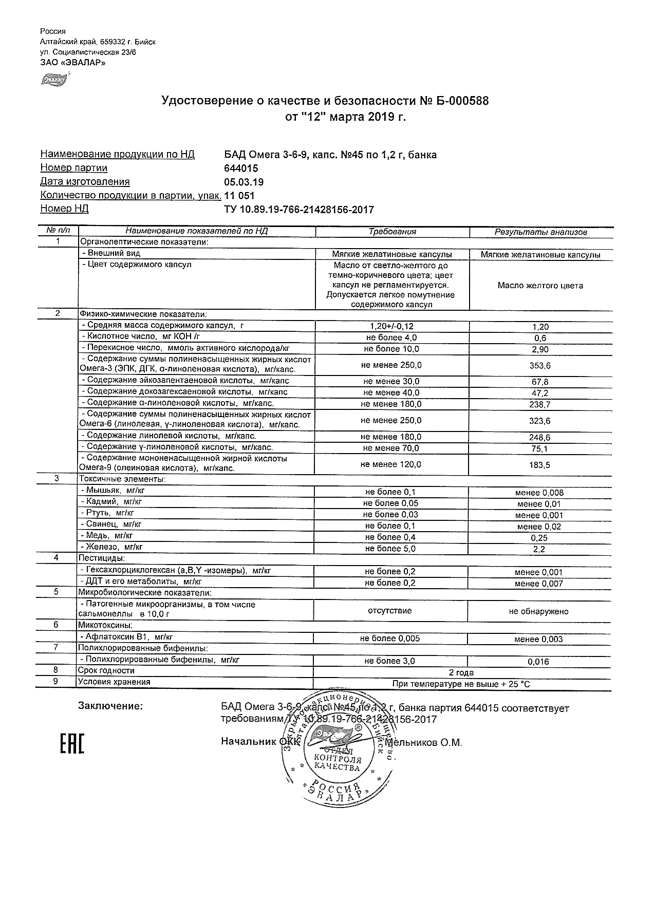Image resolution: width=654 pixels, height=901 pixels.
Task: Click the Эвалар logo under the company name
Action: [54, 80]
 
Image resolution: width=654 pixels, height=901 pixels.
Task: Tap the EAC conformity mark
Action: [72, 743]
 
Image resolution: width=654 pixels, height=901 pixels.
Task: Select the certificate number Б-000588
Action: [462, 101]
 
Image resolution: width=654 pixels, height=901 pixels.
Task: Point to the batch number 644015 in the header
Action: [241, 168]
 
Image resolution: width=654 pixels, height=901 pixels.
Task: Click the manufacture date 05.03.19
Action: [244, 182]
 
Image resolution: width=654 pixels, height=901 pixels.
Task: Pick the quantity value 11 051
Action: [239, 196]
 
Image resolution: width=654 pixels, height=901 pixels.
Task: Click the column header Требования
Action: [392, 232]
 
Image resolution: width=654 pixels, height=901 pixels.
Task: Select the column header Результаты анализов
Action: [540, 232]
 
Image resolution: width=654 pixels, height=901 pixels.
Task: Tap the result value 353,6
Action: [540, 366]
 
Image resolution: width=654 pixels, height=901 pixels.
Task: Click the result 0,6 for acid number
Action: [540, 339]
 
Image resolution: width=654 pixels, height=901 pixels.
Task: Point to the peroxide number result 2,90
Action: [540, 350]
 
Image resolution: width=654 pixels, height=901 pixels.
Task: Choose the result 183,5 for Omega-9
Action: [540, 465]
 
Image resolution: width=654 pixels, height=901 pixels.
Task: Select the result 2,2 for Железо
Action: [539, 550]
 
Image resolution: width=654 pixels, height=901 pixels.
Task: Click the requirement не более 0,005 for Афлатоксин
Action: [390, 639]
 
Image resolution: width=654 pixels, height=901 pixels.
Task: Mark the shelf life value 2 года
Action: [461, 672]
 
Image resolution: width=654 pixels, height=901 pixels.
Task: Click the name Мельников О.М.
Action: [423, 743]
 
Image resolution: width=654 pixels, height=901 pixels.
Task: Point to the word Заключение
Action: [110, 706]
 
